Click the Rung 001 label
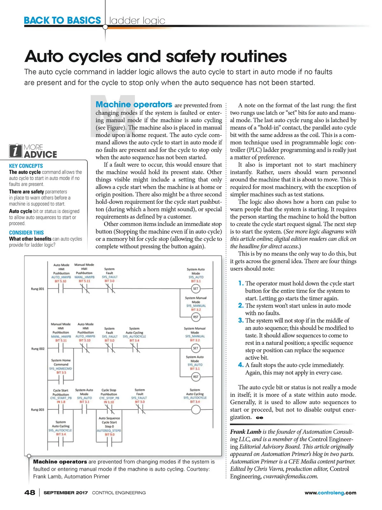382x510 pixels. [38, 289]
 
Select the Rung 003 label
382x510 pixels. [38, 410]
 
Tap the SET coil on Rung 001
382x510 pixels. [195, 288]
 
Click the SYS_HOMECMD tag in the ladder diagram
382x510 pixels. [60, 368]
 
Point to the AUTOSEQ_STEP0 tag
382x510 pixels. [109, 430]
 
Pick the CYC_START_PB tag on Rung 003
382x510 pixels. [61, 398]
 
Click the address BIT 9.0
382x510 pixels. [110, 434]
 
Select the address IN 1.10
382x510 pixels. [109, 402]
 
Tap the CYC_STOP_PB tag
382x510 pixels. [109, 398]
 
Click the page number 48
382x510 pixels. [30, 492]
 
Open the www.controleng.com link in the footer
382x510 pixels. [330, 493]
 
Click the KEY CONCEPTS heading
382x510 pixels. [26, 166]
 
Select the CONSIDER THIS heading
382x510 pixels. [26, 233]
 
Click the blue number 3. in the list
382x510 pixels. [241, 320]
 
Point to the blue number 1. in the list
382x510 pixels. [241, 283]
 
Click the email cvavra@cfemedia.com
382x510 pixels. [290, 477]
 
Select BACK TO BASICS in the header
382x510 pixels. [62, 20]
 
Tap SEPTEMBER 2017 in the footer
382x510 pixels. [66, 493]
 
